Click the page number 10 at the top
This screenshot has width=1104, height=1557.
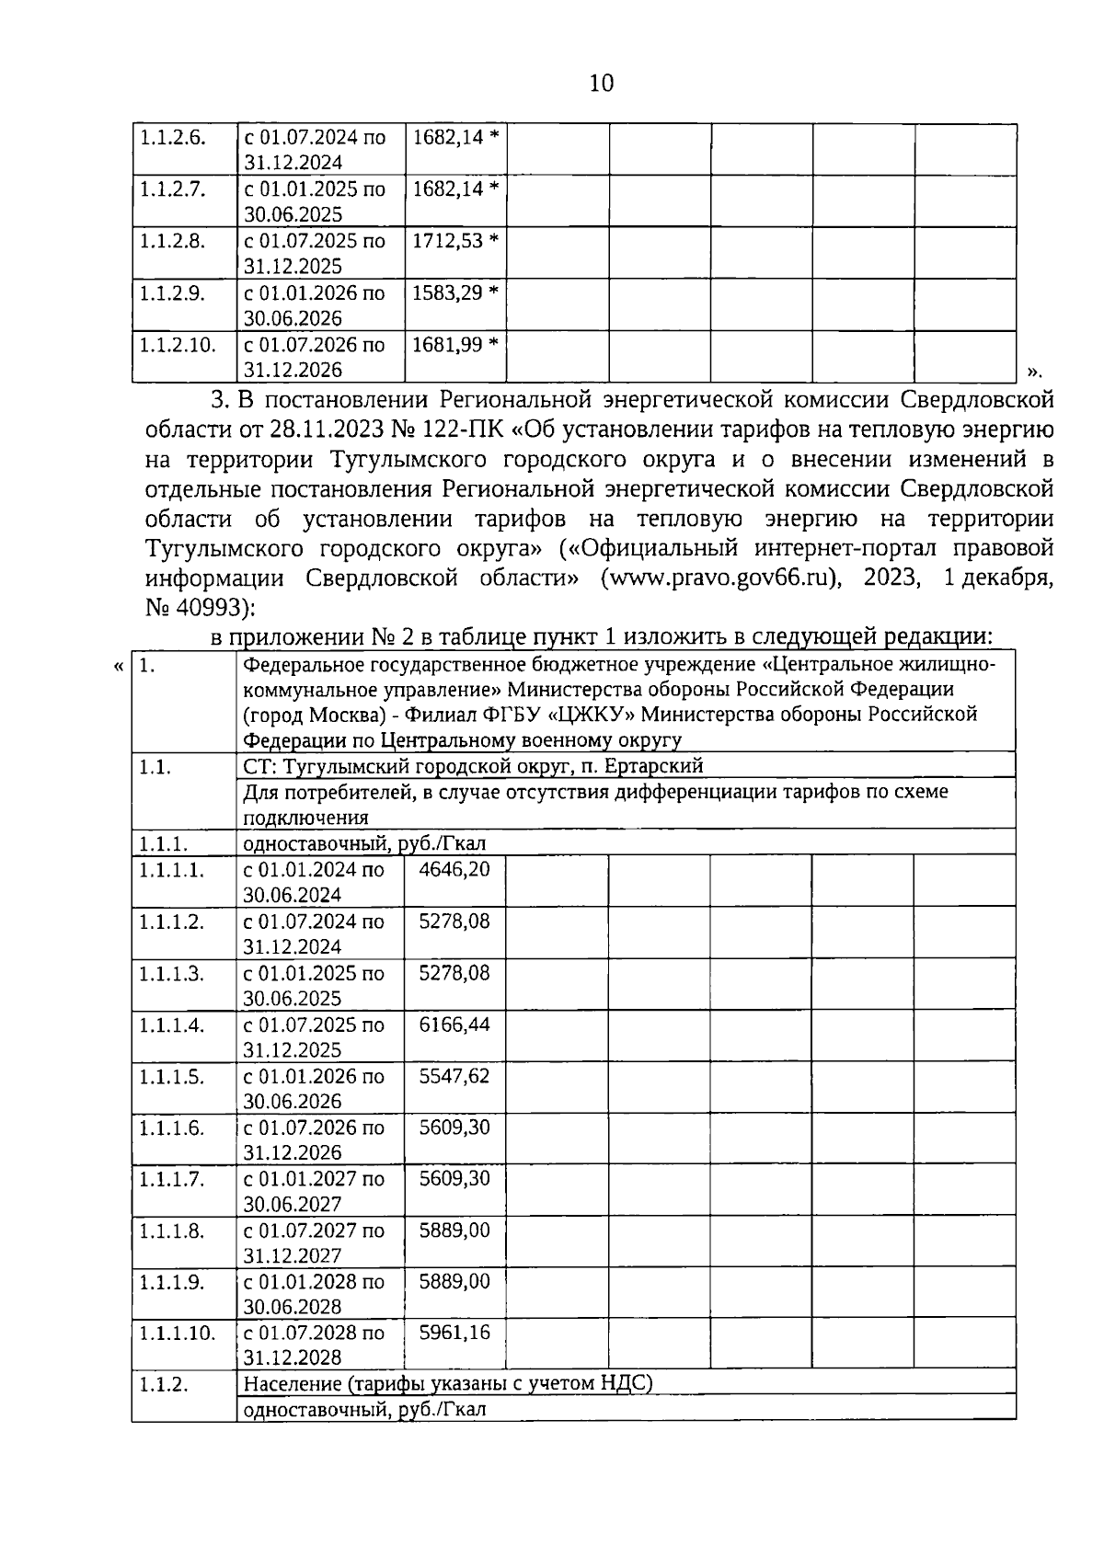[x=601, y=84]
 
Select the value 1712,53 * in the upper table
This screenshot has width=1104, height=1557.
[x=454, y=241]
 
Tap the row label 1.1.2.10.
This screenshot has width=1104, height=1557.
[x=177, y=345]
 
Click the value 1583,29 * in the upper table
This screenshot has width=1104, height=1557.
[x=454, y=292]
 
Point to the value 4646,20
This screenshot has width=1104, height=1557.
[x=454, y=869]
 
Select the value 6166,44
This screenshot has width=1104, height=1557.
[x=454, y=1024]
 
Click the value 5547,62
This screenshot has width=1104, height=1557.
[x=454, y=1075]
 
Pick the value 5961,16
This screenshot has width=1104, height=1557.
[x=454, y=1333]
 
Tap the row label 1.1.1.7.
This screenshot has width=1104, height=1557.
[x=171, y=1178]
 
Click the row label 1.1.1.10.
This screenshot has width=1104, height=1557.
[x=177, y=1333]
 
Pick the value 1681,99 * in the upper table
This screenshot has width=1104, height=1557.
[x=454, y=345]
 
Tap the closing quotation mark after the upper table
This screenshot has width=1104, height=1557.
[x=1033, y=372]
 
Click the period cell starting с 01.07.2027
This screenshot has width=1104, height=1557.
[x=314, y=1242]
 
